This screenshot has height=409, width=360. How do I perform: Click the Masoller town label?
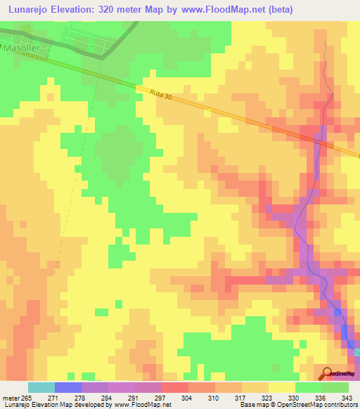pyautogui.click(x=20, y=49)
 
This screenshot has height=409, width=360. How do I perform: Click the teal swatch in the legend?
pyautogui.click(x=41, y=387)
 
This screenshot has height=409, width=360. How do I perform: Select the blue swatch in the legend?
pyautogui.click(x=68, y=387)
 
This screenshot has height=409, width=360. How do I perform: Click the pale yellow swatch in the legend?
pyautogui.click(x=282, y=387)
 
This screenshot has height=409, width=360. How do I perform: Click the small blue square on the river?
pyautogui.click(x=337, y=311)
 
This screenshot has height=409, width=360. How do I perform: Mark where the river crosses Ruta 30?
pyautogui.click(x=323, y=141)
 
